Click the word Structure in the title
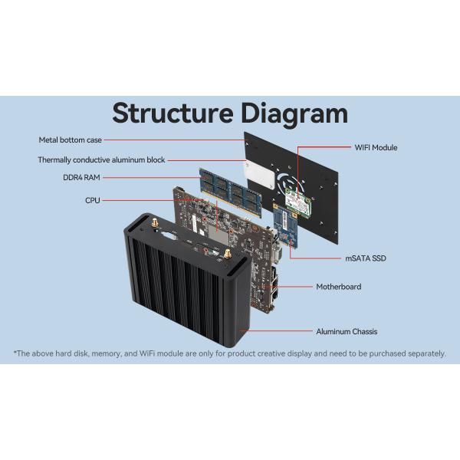tap(172, 113)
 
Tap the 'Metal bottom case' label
tap(71, 140)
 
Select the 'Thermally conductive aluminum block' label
tap(101, 160)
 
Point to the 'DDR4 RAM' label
tap(81, 178)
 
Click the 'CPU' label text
tap(92, 200)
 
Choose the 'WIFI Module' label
tap(376, 147)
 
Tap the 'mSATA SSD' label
tap(366, 258)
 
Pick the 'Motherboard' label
tap(338, 287)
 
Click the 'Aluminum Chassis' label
tap(347, 331)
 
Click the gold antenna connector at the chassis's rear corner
tap(153, 223)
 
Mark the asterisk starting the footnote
tap(15, 353)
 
